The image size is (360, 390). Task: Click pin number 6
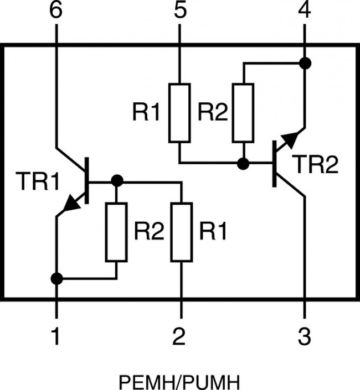56,12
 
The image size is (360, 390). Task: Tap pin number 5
180,12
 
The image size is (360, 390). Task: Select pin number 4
304,12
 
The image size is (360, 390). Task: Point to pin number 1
56,336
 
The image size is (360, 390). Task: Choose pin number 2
180,336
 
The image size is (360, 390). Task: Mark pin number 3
304,336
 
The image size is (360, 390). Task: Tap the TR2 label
314,165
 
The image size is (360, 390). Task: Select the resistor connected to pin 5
180,113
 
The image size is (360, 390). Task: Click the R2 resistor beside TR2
243,113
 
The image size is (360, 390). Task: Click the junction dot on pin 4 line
304,63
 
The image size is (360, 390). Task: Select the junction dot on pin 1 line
56,278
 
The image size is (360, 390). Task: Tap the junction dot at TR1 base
116,181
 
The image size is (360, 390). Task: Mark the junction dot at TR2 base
243,164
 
